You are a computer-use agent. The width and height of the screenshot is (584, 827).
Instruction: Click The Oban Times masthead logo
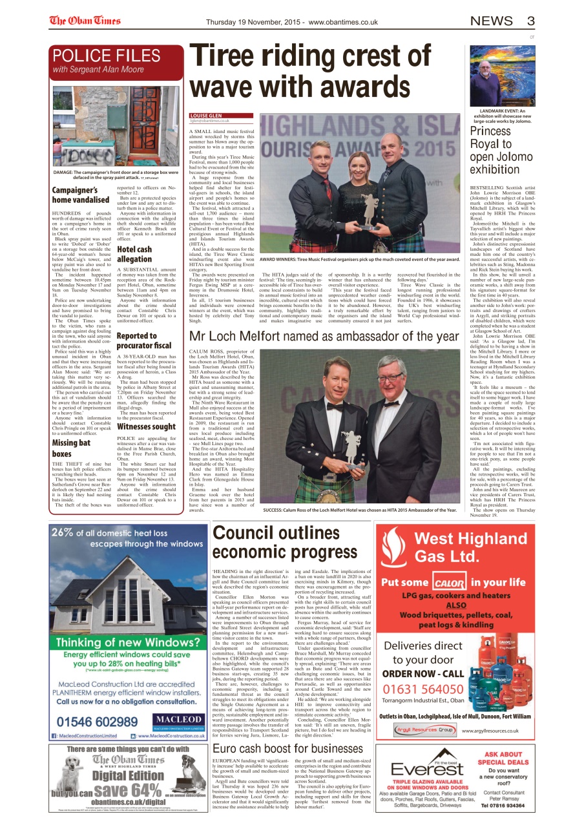click(85, 21)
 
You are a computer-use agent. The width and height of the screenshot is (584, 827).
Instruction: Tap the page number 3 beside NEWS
click(530, 21)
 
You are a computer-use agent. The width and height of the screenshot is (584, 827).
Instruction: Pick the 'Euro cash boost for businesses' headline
click(288, 748)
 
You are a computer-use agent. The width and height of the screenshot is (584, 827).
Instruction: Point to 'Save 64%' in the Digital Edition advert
click(127, 791)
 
